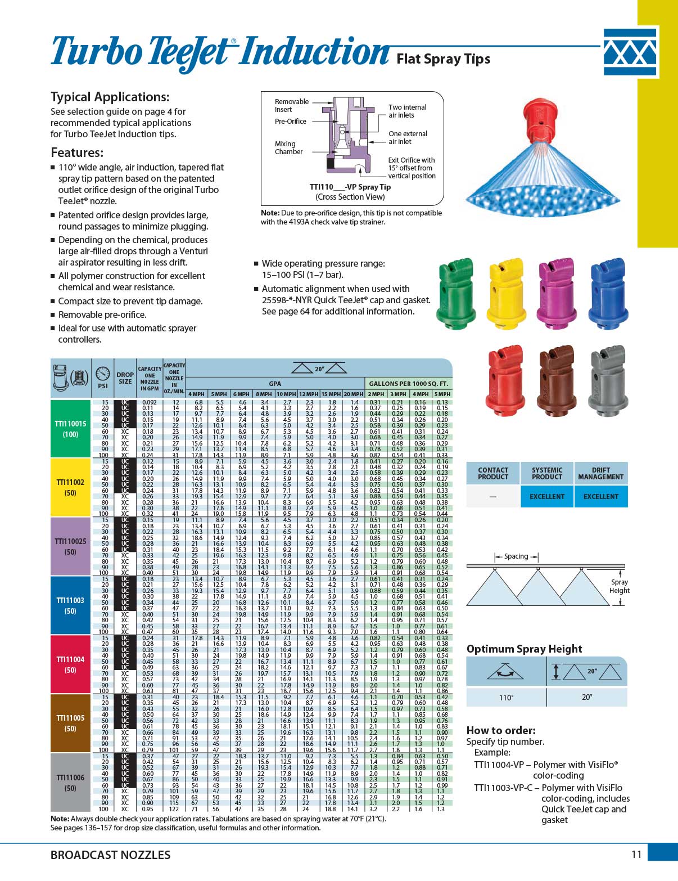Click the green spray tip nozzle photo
[x=455, y=294]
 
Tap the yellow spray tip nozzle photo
[x=507, y=294]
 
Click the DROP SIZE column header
[x=125, y=378]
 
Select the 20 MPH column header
[x=354, y=394]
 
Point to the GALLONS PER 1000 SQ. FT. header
[x=409, y=384]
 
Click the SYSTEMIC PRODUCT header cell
[x=546, y=474]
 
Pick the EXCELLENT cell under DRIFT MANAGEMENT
[x=600, y=497]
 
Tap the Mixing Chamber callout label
[x=288, y=148]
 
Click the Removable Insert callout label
[x=291, y=106]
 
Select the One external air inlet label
[x=408, y=138]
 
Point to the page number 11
[x=636, y=855]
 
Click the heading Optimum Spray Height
[x=524, y=649]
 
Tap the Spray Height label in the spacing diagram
[x=619, y=586]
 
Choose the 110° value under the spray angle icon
[x=506, y=698]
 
